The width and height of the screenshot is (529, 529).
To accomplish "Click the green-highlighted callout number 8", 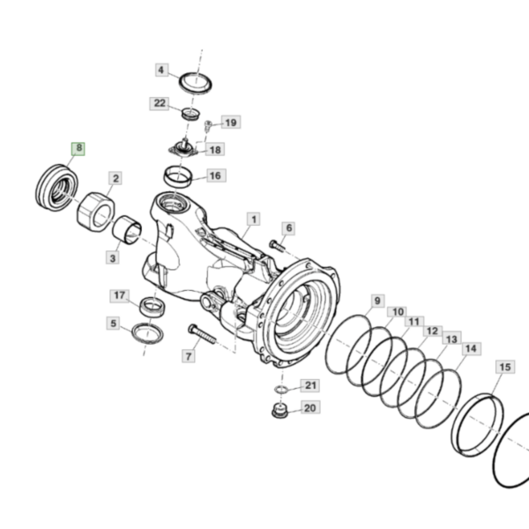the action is [x=78, y=148].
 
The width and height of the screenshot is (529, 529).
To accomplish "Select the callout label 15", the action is [x=505, y=367].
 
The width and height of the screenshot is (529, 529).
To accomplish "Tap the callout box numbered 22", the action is [x=160, y=103].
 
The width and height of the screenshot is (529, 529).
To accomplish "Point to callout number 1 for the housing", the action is [x=254, y=220].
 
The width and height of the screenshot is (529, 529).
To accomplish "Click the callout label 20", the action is [x=310, y=408].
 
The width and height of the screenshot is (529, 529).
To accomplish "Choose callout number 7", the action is [x=189, y=356].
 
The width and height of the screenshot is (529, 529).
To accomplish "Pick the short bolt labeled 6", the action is [x=277, y=246].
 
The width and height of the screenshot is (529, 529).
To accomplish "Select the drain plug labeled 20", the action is [x=279, y=411].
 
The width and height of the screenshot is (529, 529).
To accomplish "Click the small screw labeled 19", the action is [x=207, y=126].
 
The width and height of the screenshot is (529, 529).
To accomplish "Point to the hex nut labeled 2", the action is [x=96, y=212].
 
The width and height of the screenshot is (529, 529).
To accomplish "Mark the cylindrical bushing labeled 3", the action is [x=126, y=230].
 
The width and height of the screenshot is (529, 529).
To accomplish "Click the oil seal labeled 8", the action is [x=56, y=188].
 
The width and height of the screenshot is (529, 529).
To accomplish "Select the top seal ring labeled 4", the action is [x=196, y=83].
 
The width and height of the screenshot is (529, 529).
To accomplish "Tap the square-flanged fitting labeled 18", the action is [x=183, y=149].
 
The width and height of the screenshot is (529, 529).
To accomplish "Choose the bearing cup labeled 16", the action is [x=178, y=176].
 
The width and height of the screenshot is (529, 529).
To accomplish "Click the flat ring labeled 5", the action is [x=147, y=333].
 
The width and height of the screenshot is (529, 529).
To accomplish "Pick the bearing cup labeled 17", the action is [x=153, y=307].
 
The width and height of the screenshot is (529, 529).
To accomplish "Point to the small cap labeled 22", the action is [x=190, y=113].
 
